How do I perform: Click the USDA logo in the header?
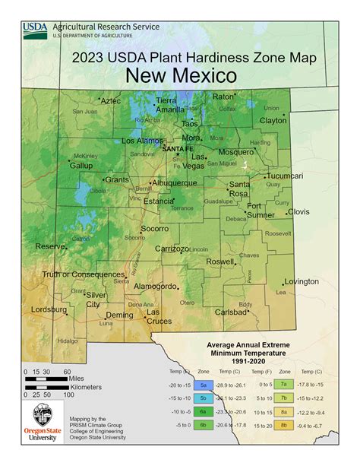tap(35, 30)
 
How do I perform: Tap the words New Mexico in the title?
tap(181, 74)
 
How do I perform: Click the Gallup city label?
tap(81, 165)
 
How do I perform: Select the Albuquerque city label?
tap(175, 183)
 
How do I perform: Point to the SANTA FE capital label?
tap(178, 148)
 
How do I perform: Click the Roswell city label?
tap(220, 262)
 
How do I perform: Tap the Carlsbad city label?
tap(231, 312)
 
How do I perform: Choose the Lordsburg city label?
tap(49, 309)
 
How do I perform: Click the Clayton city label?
tap(273, 121)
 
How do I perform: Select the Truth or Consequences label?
tap(82, 274)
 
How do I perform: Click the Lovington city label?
tap(302, 281)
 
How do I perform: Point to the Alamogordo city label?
tap(154, 287)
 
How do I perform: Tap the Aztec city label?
tap(110, 100)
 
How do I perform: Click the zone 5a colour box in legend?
tap(204, 385)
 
